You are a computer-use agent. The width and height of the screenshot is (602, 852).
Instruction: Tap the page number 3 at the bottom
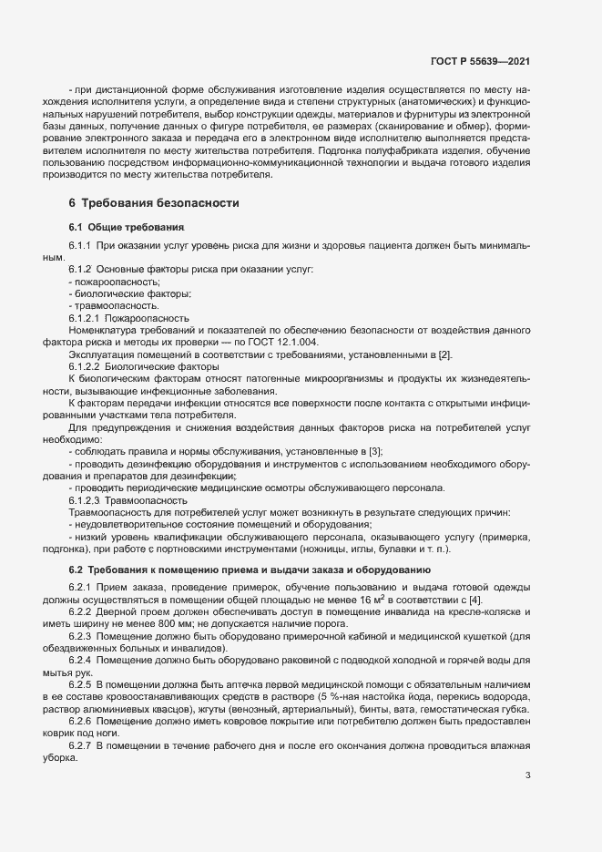point(527,776)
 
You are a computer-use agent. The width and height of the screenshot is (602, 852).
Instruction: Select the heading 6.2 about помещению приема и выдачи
point(243,570)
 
